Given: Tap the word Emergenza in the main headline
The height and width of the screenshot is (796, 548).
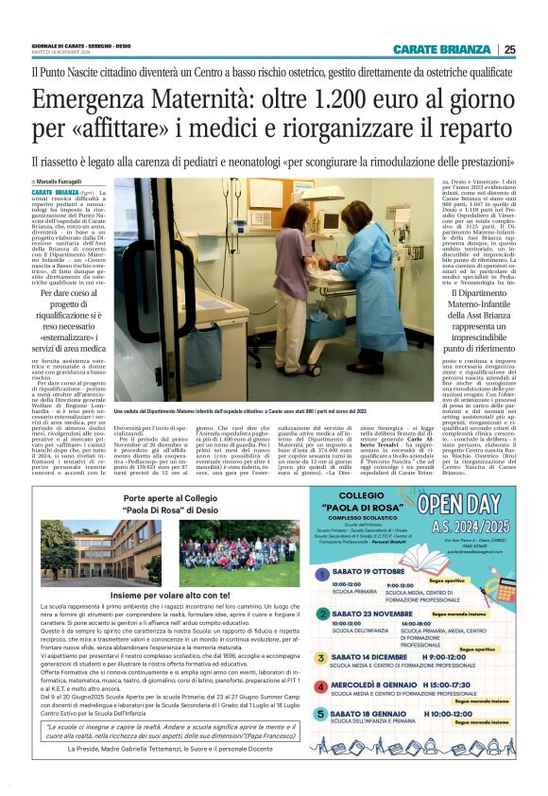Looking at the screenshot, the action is (90, 100).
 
